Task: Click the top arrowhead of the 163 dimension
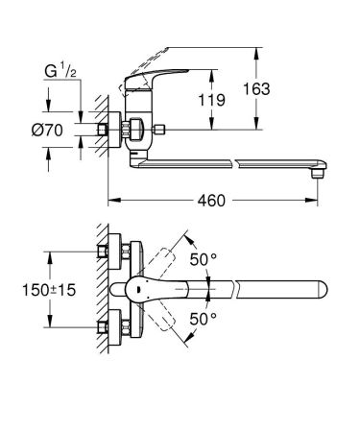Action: click(258, 51)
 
